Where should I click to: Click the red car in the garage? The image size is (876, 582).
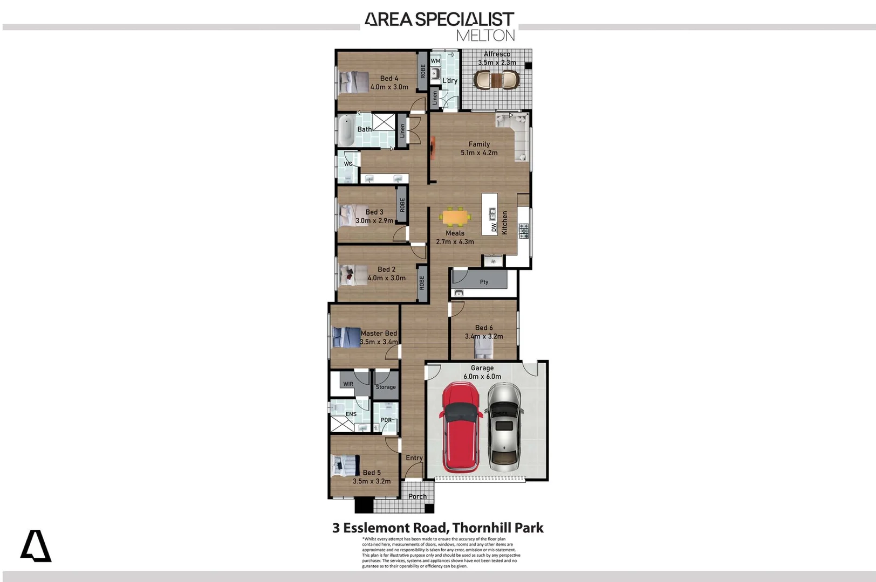tap(461, 427)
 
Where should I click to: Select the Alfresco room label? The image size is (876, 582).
tap(497, 54)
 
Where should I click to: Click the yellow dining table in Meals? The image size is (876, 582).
tap(455, 217)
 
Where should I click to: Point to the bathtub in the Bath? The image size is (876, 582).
tap(346, 130)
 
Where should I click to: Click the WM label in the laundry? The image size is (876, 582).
tap(435, 61)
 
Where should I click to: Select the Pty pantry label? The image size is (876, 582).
tap(484, 282)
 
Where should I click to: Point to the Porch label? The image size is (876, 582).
tap(417, 496)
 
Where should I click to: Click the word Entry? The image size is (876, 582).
tap(414, 458)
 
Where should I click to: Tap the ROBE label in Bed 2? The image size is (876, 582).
tap(422, 282)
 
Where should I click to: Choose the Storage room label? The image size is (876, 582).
tap(386, 387)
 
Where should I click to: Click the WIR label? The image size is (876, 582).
tap(348, 384)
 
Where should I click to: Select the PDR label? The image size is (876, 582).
tap(386, 420)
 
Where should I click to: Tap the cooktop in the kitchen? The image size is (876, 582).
tap(524, 231)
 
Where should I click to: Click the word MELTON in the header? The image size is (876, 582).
tap(485, 36)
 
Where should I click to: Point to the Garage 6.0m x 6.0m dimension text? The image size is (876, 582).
tap(482, 377)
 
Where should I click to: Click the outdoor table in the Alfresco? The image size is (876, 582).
tap(497, 80)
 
